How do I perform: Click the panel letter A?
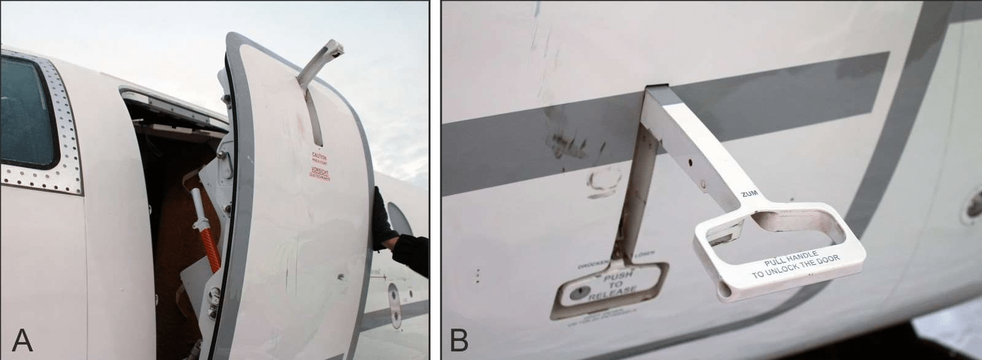(x=22, y=340)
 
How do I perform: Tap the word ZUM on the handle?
(x=749, y=194)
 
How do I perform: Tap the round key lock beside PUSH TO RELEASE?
(x=575, y=294)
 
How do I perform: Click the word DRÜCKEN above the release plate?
(x=593, y=265)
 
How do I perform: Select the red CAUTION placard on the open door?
(x=319, y=157)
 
